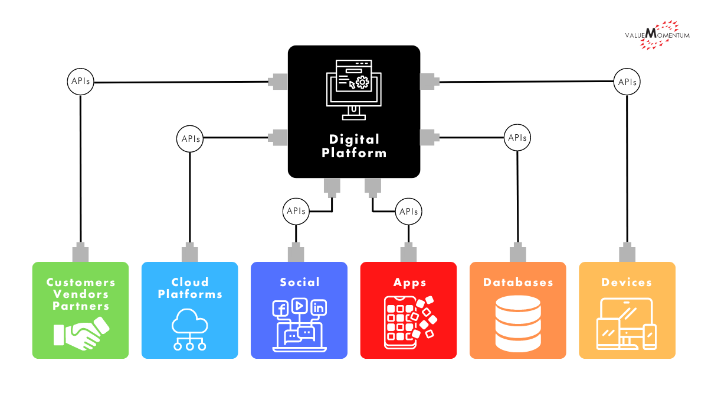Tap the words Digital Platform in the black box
pos(354,146)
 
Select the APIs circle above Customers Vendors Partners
pos(80,82)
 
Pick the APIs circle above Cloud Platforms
pos(190,139)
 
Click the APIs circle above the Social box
pos(296,211)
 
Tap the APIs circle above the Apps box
pos(408,211)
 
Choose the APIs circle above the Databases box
pos(517,138)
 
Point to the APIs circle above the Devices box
pos(627,82)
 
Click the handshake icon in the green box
pos(81,333)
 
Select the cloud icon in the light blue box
pos(190,332)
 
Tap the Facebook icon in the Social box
pos(280,308)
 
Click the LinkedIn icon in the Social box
pos(319,307)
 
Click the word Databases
pos(518,283)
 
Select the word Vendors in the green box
pos(81,294)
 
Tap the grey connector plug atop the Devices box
pos(627,253)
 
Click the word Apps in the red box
pos(409,283)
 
